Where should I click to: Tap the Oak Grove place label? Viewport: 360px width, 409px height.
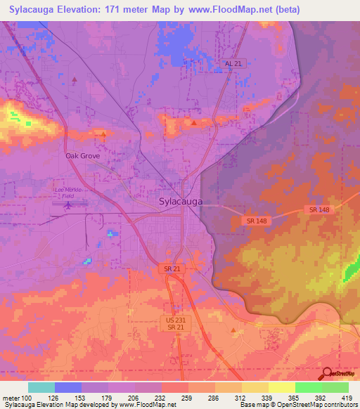[x=84, y=155]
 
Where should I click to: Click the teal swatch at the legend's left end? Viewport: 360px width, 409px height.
[x=41, y=387]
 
